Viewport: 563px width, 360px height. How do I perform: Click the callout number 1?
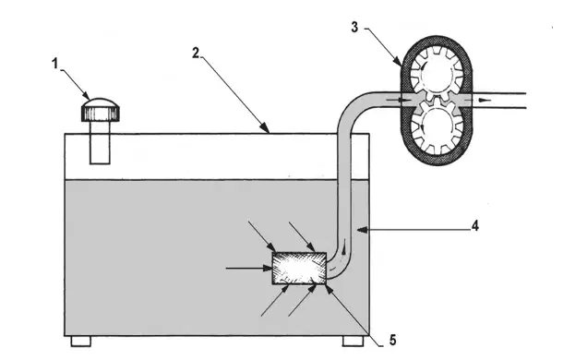click(x=54, y=64)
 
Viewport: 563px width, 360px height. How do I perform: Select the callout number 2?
click(x=196, y=54)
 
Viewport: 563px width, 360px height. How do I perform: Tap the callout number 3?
click(x=354, y=28)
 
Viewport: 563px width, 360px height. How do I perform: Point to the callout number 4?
click(x=475, y=226)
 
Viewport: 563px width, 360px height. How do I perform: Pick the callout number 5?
click(x=393, y=340)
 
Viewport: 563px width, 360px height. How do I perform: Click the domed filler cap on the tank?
click(x=101, y=110)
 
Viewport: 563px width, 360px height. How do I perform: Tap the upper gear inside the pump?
click(x=437, y=74)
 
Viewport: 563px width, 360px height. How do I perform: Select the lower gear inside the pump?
click(x=437, y=126)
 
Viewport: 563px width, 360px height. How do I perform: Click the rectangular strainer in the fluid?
click(x=299, y=268)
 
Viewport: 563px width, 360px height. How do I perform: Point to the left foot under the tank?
click(x=81, y=341)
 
